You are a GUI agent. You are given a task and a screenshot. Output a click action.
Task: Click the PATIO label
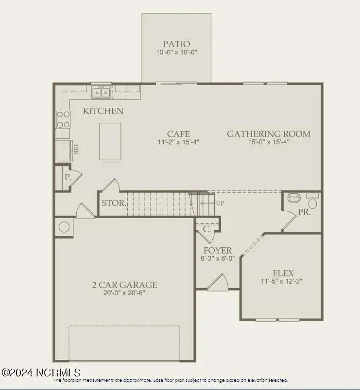pos(176,44)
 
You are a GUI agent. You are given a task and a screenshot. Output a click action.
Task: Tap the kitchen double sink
pos(101,91)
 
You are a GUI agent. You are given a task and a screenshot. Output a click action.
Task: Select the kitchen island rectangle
pos(110,141)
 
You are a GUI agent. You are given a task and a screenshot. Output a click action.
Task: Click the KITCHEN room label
pos(103,111)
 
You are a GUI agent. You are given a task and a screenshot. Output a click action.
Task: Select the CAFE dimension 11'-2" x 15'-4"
pos(178,142)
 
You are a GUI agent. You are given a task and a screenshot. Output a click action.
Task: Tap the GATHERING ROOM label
pos(269,134)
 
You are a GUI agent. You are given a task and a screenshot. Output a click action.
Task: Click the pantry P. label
pos(67,178)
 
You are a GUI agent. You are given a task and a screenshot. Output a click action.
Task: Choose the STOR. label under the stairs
pos(114,203)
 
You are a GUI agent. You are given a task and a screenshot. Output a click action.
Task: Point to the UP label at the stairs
pos(220,203)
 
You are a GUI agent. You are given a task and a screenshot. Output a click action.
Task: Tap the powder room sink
pos(294,198)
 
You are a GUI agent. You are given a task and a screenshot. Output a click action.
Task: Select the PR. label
pos(304,213)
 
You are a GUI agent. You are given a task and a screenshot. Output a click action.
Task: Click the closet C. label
pos(206,229)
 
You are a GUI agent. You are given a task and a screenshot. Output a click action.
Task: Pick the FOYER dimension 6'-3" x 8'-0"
pos(217,258)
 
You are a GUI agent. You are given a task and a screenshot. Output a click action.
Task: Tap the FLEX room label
pos(283,273)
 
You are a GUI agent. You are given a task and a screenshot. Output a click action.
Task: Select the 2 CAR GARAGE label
pos(125,285)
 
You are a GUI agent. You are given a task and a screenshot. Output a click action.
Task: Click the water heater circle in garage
pos(64,227)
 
